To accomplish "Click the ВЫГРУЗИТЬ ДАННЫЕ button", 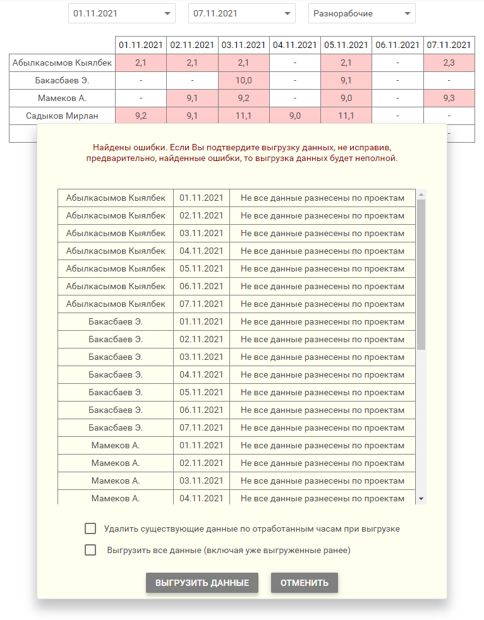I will tap(202, 583).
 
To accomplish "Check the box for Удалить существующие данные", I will tap(90, 528).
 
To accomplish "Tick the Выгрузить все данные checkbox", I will tap(90, 550).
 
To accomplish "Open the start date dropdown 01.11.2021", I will tap(122, 13).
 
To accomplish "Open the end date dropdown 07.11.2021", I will tap(242, 13).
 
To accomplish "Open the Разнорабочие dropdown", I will tap(362, 13).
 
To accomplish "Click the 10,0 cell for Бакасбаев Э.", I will tap(243, 80).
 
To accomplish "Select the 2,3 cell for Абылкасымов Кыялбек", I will tap(449, 63).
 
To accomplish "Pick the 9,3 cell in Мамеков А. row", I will tap(449, 98).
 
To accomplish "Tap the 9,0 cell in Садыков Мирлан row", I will tap(294, 116).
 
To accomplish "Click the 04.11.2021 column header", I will tap(294, 45).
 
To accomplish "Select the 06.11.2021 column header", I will tap(397, 45).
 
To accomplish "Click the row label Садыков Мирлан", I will tap(62, 116).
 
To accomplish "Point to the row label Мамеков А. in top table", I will tap(62, 98).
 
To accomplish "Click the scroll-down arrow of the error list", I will tap(421, 499).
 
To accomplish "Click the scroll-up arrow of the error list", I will tap(421, 194).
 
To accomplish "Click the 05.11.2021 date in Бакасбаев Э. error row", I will tap(201, 392).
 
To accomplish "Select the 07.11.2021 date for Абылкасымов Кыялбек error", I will tap(201, 304).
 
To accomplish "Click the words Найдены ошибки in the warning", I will tap(124, 146).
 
